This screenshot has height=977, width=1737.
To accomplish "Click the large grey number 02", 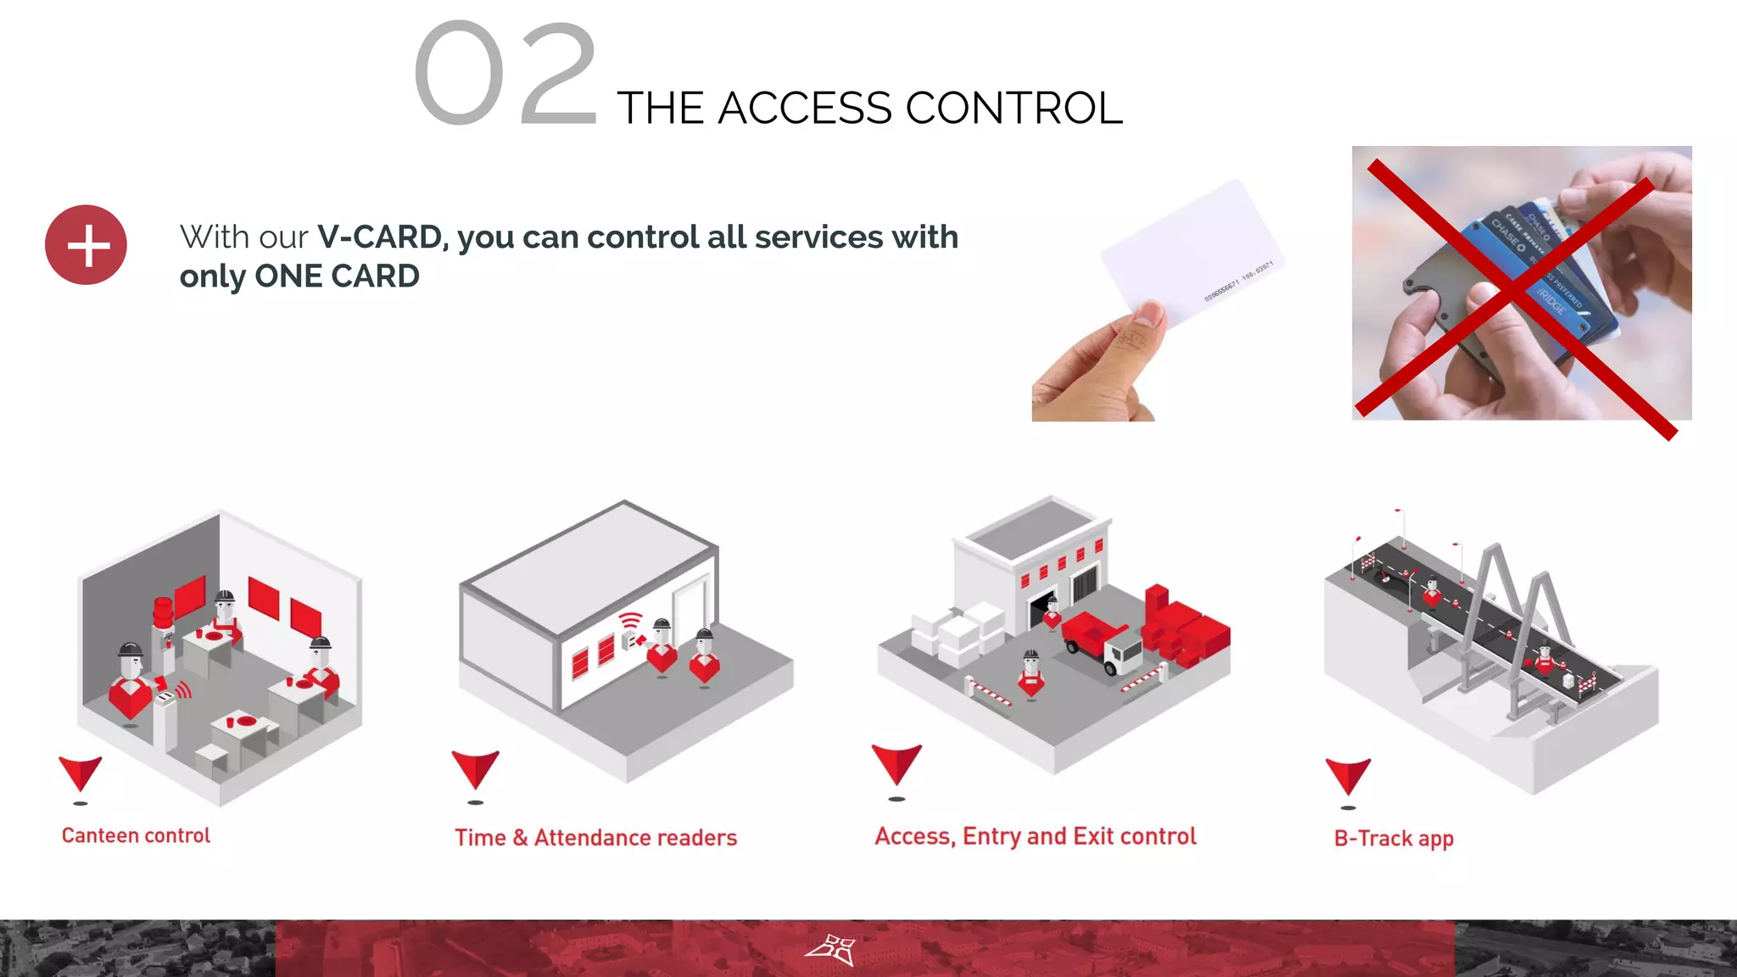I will pyautogui.click(x=506, y=75).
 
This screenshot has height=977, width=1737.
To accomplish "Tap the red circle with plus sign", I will pyautogui.click(x=87, y=245).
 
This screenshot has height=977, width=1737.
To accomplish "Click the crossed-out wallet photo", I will pyautogui.click(x=1522, y=284).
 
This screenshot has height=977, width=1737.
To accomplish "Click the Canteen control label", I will pyautogui.click(x=136, y=835).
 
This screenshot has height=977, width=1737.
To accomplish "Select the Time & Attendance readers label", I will pyautogui.click(x=595, y=838).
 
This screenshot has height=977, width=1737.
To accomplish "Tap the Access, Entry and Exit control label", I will pyautogui.click(x=1036, y=836).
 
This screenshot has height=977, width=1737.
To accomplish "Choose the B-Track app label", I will pyautogui.click(x=1394, y=839).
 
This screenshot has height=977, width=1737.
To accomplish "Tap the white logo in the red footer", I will pyautogui.click(x=830, y=950).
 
